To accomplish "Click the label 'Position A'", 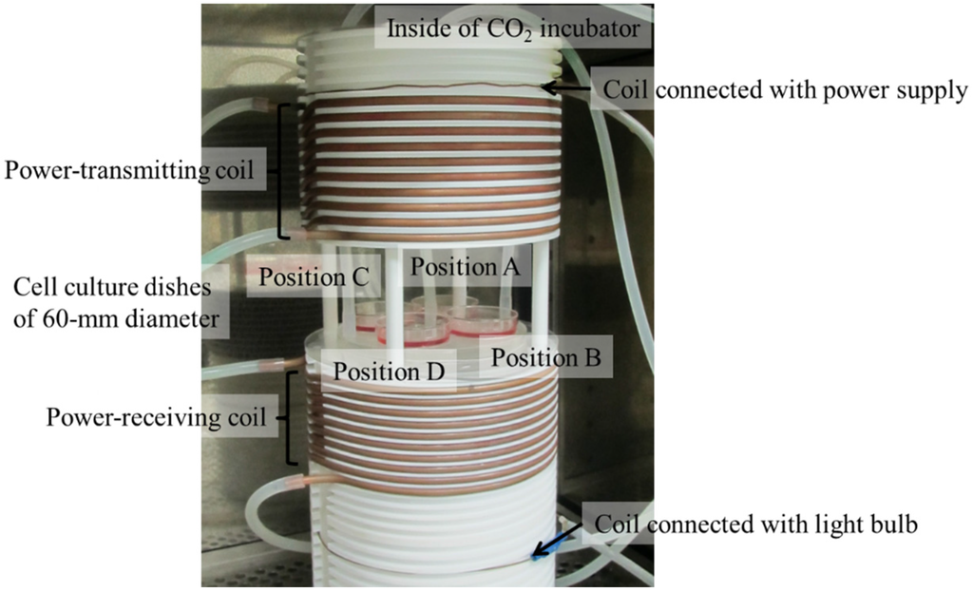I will click(x=465, y=269).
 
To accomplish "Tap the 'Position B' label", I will click(x=544, y=358).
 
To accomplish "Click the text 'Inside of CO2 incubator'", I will click(x=517, y=31).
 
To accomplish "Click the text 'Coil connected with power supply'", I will click(x=785, y=90).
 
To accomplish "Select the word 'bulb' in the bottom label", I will click(x=892, y=525).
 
